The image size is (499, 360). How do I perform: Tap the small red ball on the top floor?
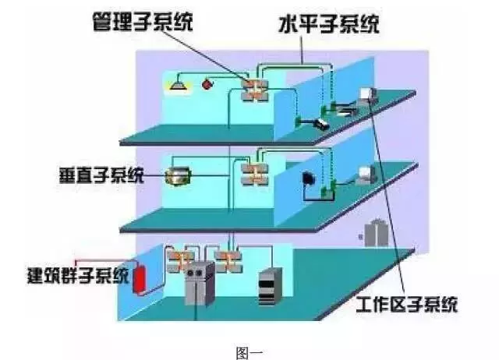pyautogui.click(x=207, y=83)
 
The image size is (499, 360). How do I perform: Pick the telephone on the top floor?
pyautogui.click(x=322, y=123)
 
